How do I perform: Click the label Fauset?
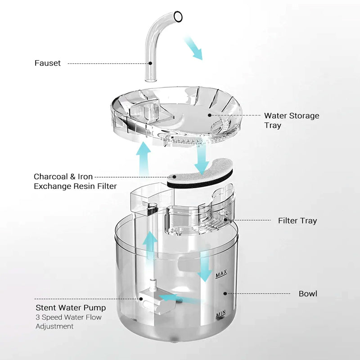pyautogui.click(x=47, y=63)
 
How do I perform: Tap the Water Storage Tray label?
pyautogui.click(x=291, y=120)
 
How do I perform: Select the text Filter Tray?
pyautogui.click(x=297, y=220)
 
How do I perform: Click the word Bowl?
pyautogui.click(x=308, y=294)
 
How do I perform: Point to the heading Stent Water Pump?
pyautogui.click(x=71, y=308)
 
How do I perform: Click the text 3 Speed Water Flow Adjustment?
pyautogui.click(x=68, y=322)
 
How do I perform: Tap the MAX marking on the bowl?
pyautogui.click(x=221, y=274)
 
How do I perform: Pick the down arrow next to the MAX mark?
pyautogui.click(x=205, y=265)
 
